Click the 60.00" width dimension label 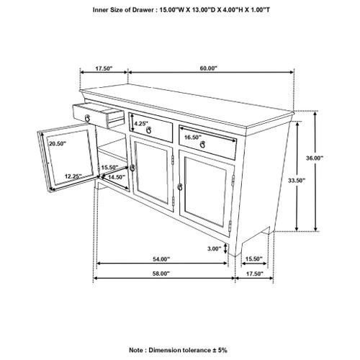tap(209, 69)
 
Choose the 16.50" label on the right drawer tap(192, 137)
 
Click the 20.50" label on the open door tap(57, 143)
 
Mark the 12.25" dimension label tap(73, 176)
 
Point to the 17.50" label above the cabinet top tap(104, 69)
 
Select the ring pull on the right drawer tap(202, 145)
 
